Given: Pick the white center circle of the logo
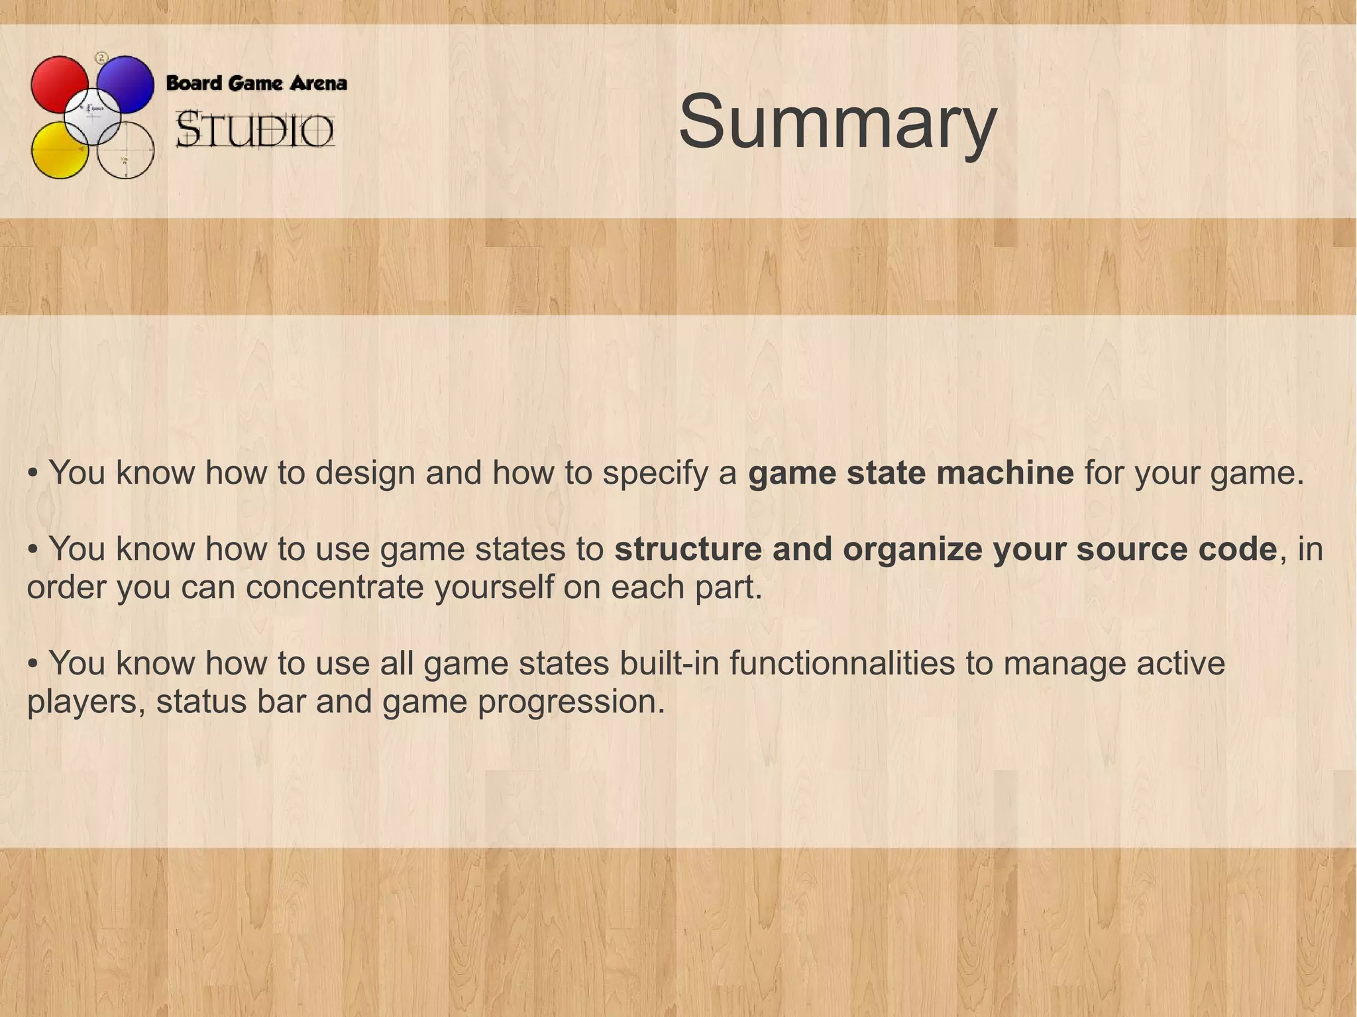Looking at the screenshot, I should [93, 116].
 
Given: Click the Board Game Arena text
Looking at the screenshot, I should [256, 83].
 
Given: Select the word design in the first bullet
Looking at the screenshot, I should [365, 473].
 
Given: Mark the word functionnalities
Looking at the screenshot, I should [842, 663].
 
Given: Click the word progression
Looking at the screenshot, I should [571, 702].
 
